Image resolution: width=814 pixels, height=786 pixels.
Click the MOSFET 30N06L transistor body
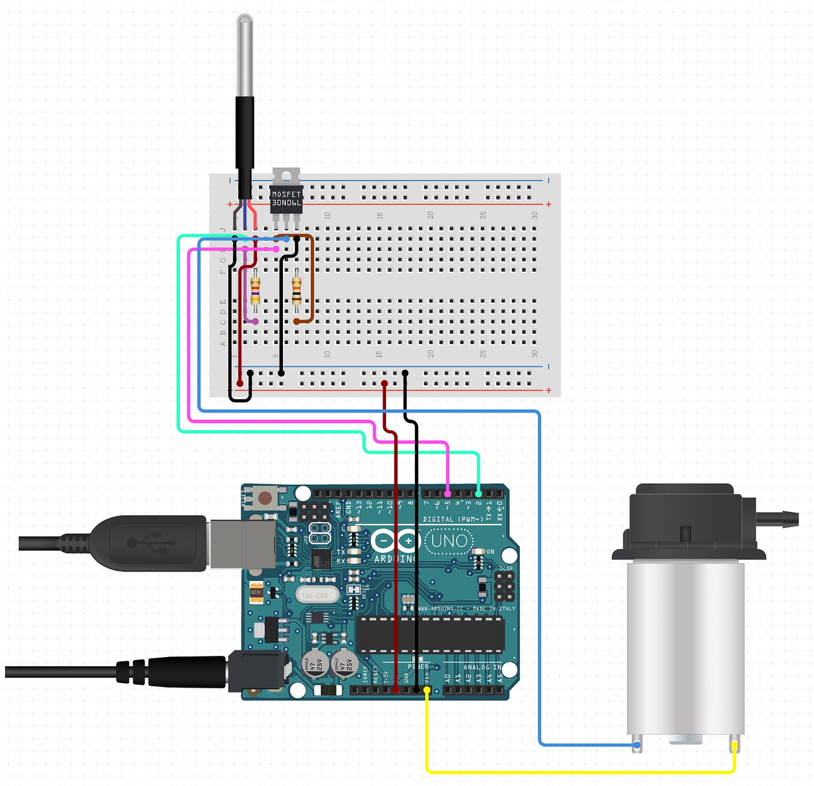[287, 198]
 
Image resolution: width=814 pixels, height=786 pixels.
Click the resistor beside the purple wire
[255, 291]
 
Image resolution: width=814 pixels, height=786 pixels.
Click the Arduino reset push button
[264, 498]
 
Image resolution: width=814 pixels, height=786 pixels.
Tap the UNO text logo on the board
[450, 541]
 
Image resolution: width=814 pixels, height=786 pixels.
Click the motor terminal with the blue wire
[637, 745]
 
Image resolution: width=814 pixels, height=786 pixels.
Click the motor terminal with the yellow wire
[734, 745]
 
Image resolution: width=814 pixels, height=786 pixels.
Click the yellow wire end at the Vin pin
[427, 690]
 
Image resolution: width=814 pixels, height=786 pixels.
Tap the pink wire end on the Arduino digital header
[448, 494]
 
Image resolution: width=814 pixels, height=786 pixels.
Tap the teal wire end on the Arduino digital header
[478, 494]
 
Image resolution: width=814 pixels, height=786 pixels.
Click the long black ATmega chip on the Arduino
[430, 635]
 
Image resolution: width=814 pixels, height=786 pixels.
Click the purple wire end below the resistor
[255, 322]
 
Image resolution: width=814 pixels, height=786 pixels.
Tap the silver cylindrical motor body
[685, 648]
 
